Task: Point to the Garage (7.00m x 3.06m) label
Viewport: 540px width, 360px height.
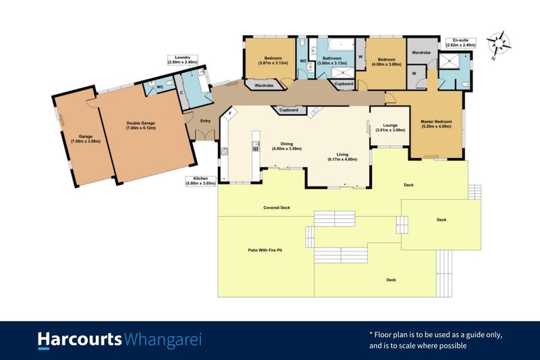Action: tap(85, 138)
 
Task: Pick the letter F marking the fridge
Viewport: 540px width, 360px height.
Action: tap(230, 115)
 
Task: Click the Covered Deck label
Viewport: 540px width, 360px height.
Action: tap(277, 207)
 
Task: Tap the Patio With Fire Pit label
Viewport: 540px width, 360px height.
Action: tap(265, 250)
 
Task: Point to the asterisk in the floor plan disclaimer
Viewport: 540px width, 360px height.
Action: tap(371, 334)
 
